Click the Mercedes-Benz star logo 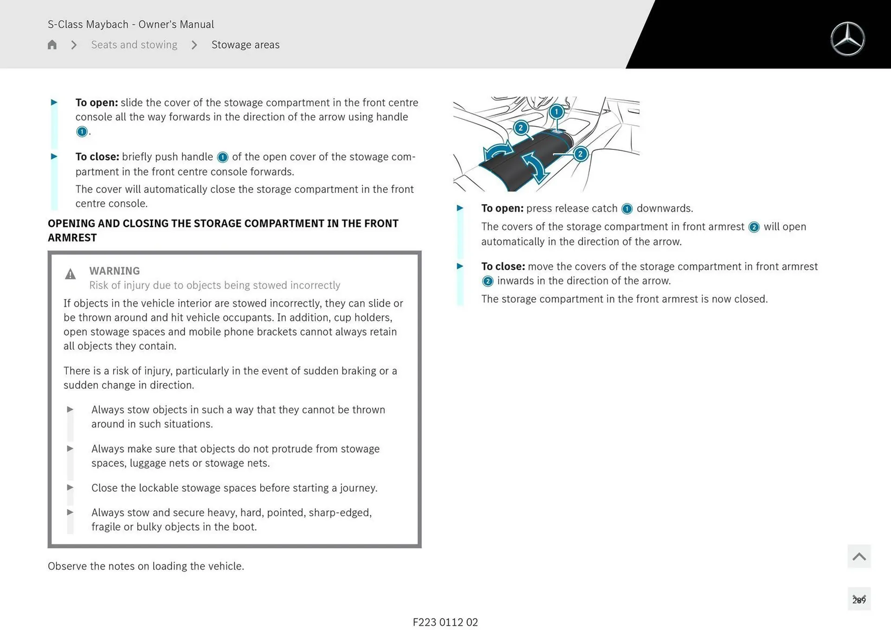click(x=847, y=39)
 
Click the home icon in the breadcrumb click(x=52, y=45)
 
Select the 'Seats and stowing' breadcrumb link click(x=134, y=45)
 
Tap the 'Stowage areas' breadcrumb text click(x=245, y=45)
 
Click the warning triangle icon click(x=70, y=274)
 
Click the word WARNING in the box click(x=114, y=270)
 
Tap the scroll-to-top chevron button click(x=859, y=556)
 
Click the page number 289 click(x=859, y=600)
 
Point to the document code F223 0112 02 click(x=445, y=622)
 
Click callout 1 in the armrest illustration click(x=556, y=111)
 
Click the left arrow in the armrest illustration click(x=498, y=152)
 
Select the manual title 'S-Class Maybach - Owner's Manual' click(x=130, y=24)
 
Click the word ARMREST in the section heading click(x=72, y=238)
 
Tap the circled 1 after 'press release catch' click(x=626, y=209)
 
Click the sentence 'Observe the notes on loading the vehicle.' click(x=146, y=566)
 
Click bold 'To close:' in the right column click(x=503, y=266)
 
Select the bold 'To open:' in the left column click(x=97, y=103)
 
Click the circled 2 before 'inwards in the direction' click(x=487, y=281)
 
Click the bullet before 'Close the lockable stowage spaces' click(x=70, y=488)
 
